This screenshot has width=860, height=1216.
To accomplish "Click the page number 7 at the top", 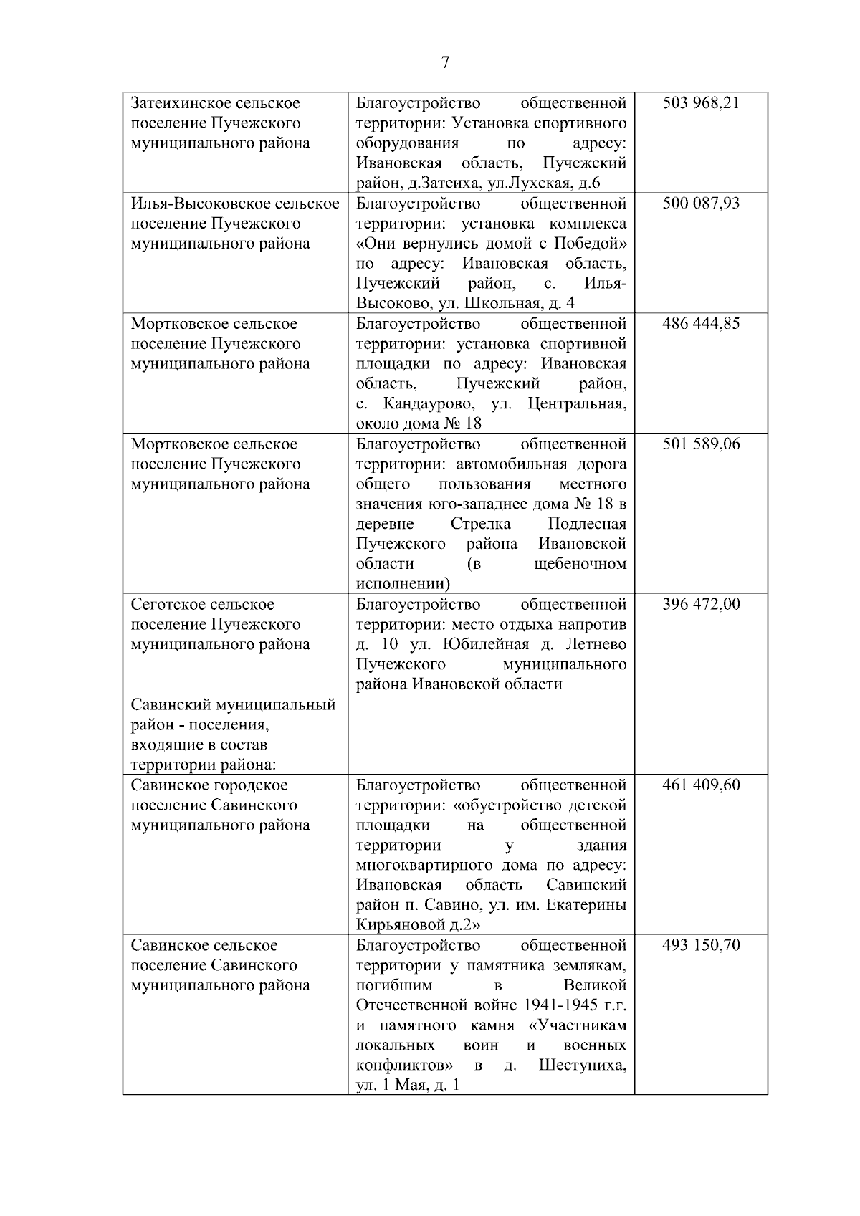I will coord(445,63).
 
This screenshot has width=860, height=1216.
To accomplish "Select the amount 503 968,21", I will coord(701,103).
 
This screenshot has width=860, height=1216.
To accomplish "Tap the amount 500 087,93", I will coord(701,204).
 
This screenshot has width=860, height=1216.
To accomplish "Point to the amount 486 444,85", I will coord(701,324).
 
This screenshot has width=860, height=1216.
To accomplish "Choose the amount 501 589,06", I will coord(701,444).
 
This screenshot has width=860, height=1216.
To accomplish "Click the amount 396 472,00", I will coord(701,605).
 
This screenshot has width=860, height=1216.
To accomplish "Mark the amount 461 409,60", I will coord(701,785).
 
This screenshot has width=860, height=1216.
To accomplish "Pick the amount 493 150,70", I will coord(701,946).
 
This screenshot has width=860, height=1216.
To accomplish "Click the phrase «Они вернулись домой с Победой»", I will coord(491,244).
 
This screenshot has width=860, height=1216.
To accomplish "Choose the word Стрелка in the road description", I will coord(481,525).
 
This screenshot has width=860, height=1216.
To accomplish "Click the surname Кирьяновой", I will coord(400,926).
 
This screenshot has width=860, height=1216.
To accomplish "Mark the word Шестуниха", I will coord(582,1066).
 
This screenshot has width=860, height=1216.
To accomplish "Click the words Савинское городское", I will coord(209,785).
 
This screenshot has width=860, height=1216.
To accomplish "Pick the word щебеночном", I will coord(580,565).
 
